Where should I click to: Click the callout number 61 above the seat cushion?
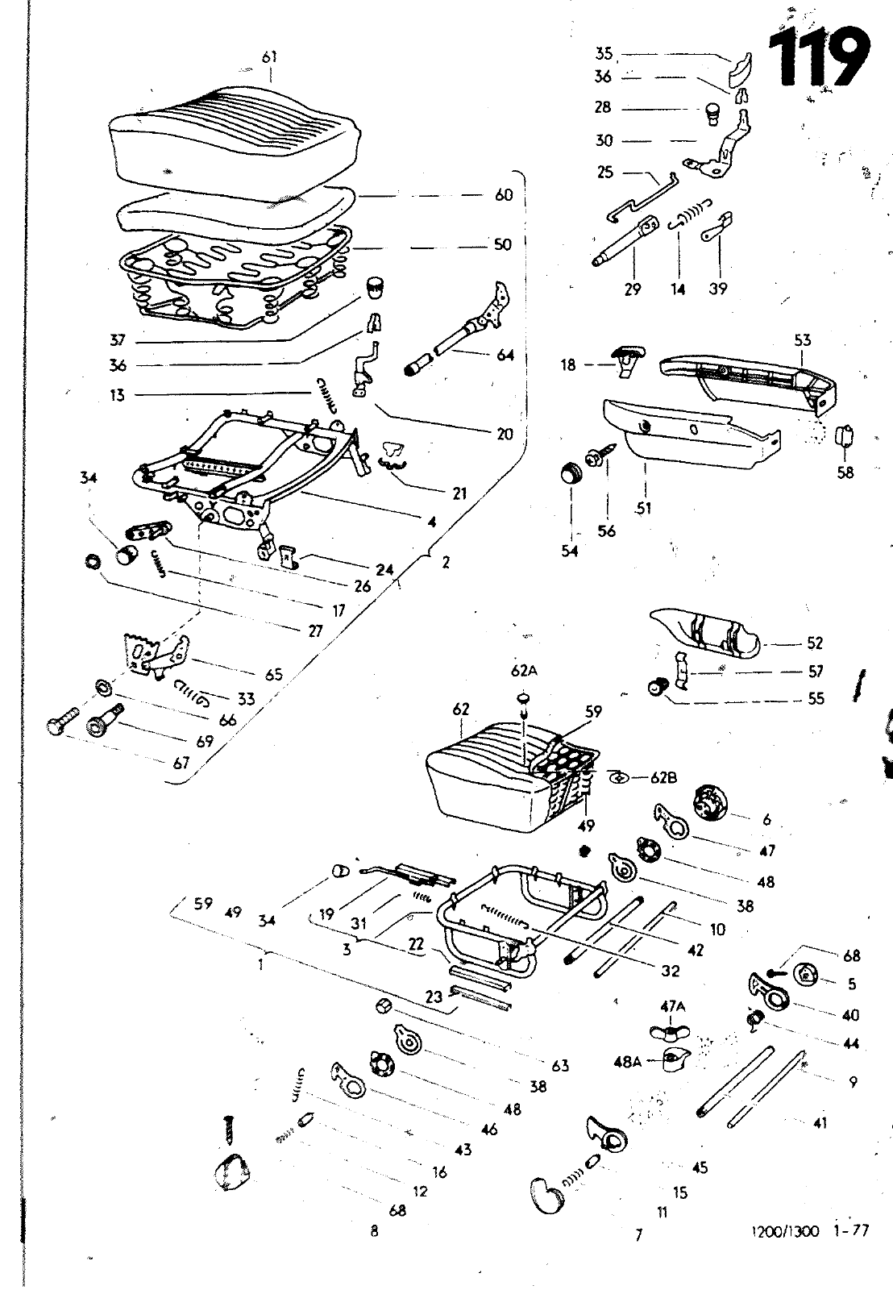269,56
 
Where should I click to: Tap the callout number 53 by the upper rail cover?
803,340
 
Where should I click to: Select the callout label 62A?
523,669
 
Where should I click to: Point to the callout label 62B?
664,778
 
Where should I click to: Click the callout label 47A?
672,1006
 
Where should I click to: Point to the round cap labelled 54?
571,473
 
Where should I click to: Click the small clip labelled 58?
845,436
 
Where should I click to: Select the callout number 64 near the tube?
505,355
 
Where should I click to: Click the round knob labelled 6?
710,804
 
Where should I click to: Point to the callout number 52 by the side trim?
815,643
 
